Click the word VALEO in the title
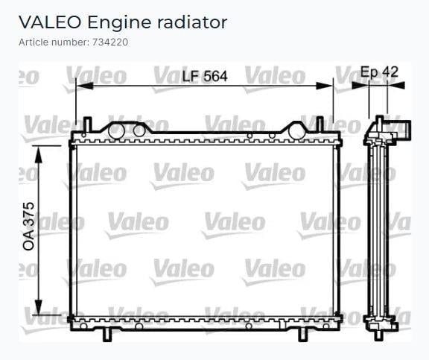50,22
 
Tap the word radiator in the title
192,22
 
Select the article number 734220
110,42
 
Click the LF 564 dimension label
205,76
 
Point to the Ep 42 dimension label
379,72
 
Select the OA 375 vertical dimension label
29,226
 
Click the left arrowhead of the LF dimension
85,86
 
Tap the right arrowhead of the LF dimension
324,86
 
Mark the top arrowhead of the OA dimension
39,155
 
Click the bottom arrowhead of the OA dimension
39,306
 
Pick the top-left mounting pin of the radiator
87,124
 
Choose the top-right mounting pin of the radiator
320,124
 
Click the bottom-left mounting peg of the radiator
107,335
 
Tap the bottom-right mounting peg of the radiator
302,335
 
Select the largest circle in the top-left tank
116,131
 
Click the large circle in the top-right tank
296,130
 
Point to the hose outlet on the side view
404,128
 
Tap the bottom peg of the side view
378,335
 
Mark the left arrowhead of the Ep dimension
360,86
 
